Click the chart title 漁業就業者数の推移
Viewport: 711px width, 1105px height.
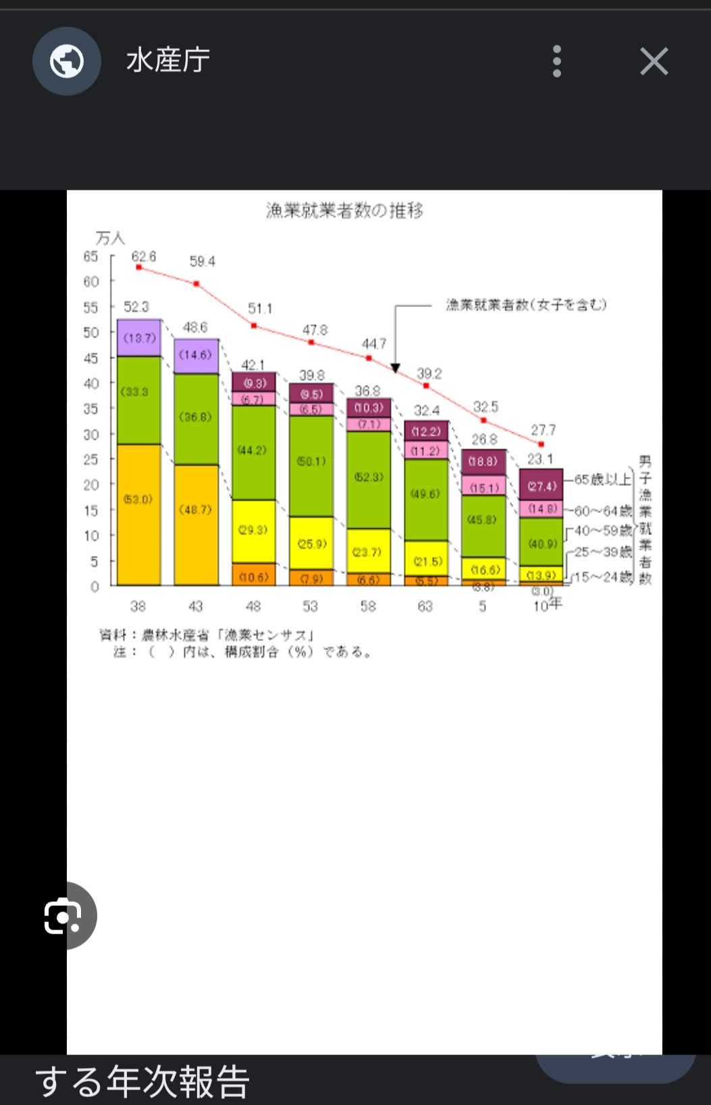tap(344, 211)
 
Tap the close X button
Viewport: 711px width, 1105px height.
tap(654, 61)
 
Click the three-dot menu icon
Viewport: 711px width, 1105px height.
tap(557, 61)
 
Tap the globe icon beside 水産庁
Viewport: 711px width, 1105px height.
tap(67, 61)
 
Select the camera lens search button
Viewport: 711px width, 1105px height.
tap(63, 916)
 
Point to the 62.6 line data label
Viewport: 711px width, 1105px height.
tap(143, 257)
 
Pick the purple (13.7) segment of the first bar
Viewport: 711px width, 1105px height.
tap(139, 338)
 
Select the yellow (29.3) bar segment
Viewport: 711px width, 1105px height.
tap(253, 531)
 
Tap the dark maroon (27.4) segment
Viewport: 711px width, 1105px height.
tap(541, 485)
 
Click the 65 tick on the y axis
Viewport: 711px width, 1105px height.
tap(90, 257)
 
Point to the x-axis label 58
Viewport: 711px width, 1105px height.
tap(368, 606)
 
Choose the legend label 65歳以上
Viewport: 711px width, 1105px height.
tap(602, 479)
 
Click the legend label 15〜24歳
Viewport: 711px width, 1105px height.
tap(603, 577)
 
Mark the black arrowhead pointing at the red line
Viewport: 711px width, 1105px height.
tap(396, 368)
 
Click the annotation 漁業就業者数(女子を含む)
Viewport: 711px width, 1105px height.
tap(526, 305)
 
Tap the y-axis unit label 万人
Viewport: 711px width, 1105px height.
tap(110, 238)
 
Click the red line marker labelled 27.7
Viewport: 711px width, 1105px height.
tap(541, 444)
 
